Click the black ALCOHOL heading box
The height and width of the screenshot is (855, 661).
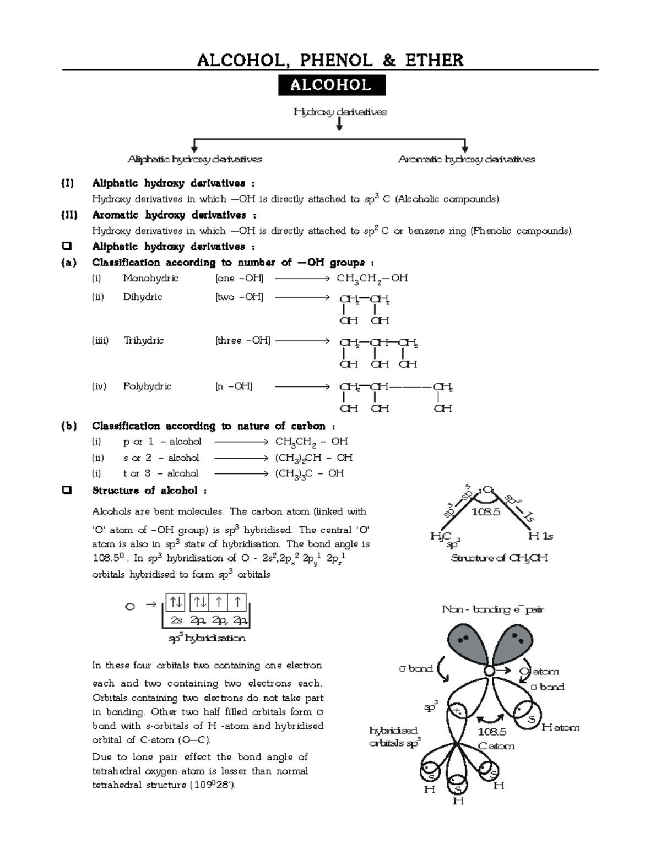click(331, 85)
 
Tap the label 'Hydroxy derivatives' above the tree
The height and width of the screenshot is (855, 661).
click(340, 112)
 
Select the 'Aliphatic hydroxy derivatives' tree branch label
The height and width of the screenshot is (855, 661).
click(194, 160)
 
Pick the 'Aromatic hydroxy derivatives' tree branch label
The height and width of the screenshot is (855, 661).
click(466, 160)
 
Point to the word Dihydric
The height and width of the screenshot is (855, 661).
click(142, 297)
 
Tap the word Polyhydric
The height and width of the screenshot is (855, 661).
click(147, 386)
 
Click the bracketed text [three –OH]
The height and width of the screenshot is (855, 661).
click(242, 341)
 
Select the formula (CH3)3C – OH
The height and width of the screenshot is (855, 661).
click(310, 473)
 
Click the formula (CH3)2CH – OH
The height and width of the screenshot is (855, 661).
click(313, 458)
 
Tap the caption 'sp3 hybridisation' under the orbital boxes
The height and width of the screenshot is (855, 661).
click(207, 639)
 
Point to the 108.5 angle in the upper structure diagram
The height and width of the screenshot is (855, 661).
click(486, 512)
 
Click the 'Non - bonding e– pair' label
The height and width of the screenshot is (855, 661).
click(493, 609)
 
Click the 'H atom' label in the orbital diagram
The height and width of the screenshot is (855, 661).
click(560, 727)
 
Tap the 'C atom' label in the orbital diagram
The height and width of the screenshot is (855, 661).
click(496, 746)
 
